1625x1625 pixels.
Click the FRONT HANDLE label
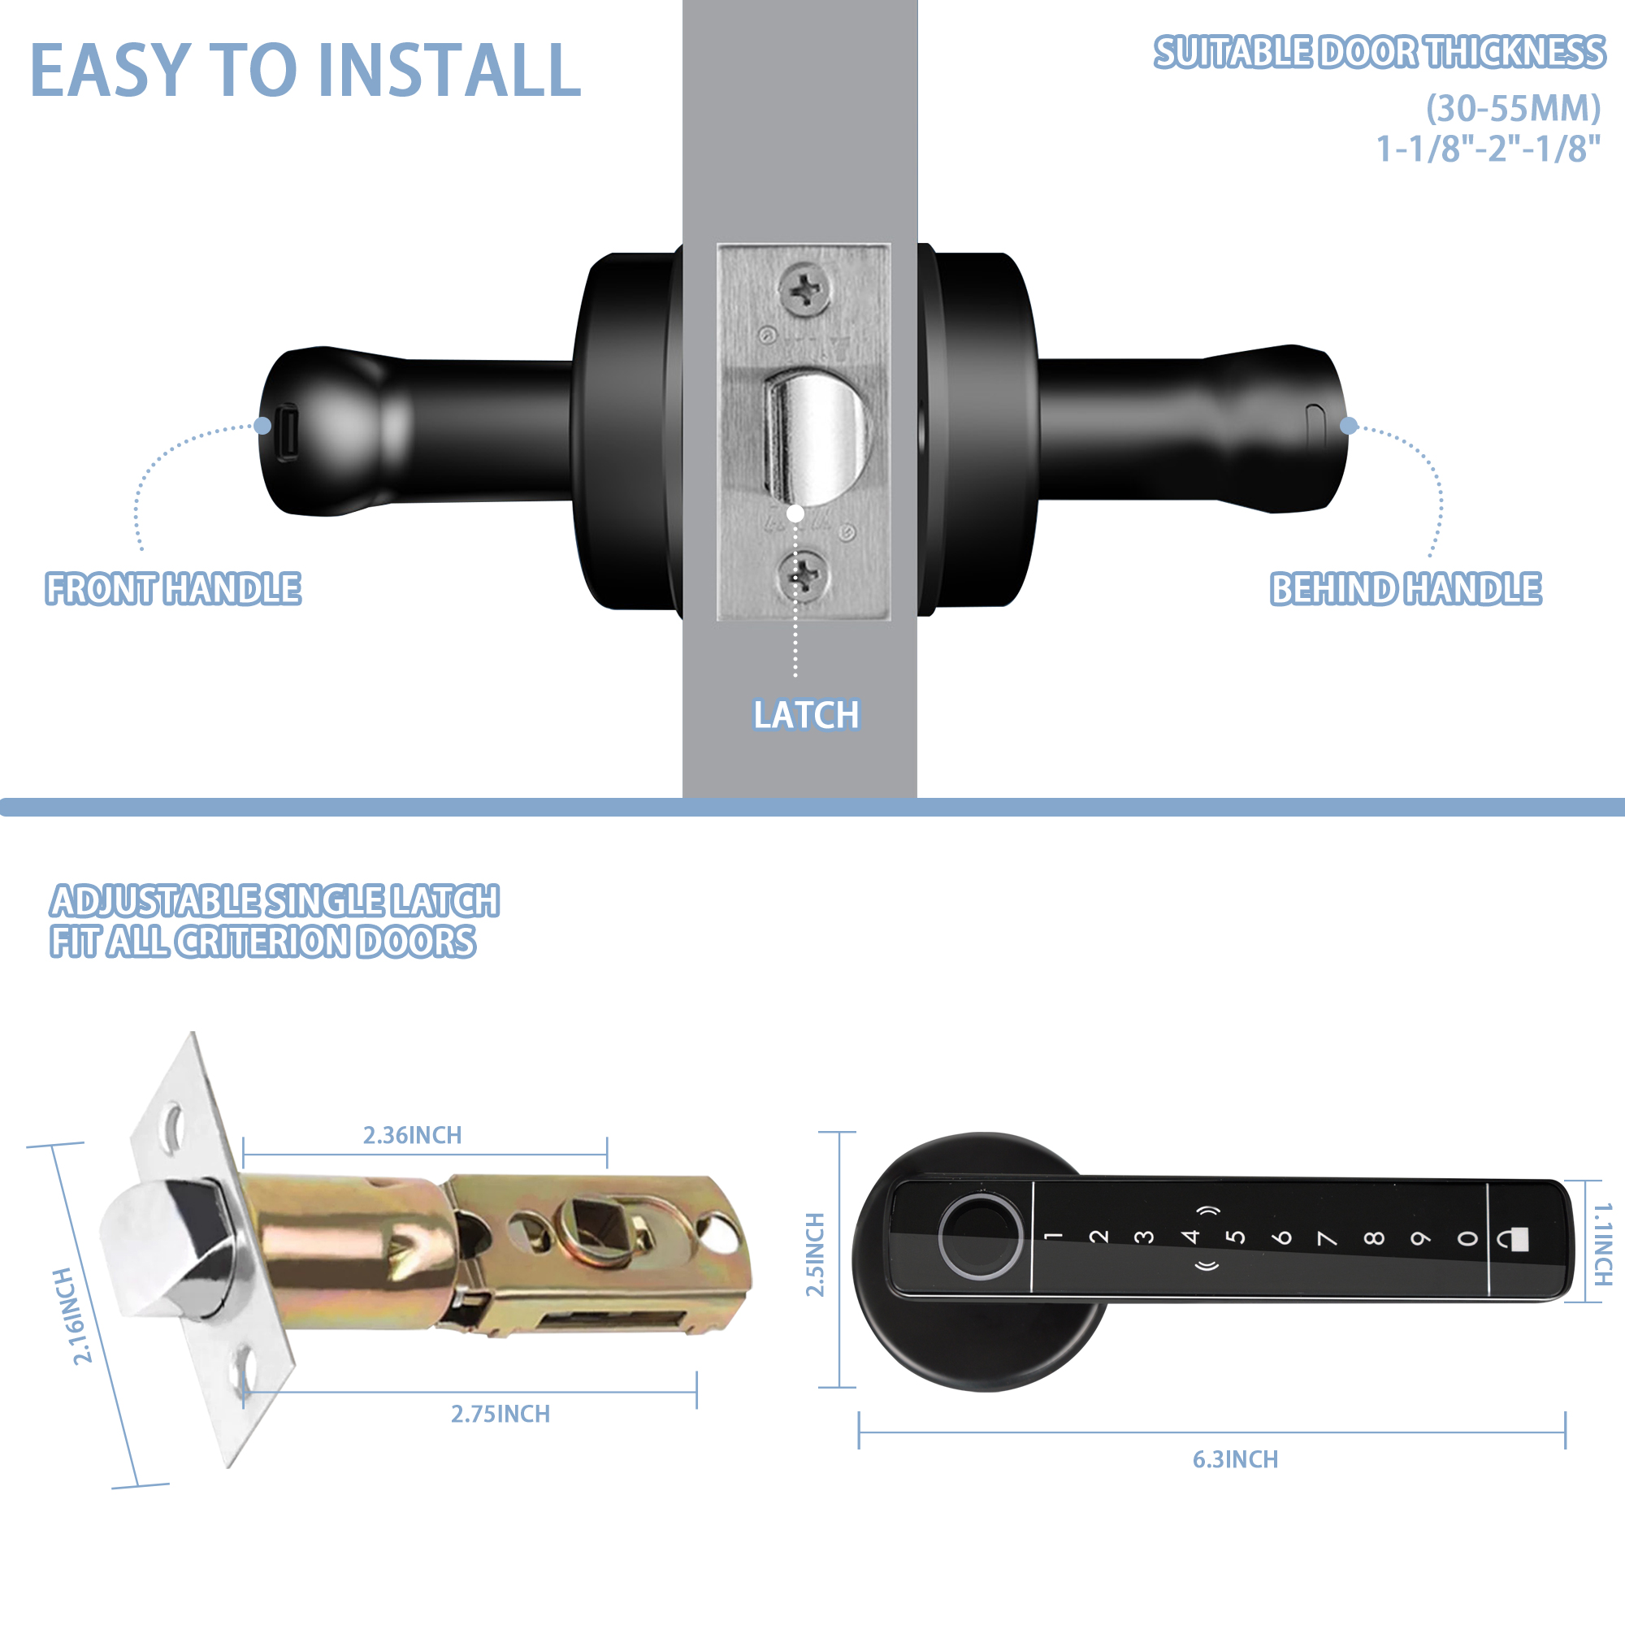[x=173, y=589]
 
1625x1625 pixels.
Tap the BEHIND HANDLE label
[x=1406, y=589]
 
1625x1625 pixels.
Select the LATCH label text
[x=806, y=716]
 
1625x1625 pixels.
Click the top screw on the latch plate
[x=805, y=290]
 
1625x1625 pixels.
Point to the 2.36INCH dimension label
[x=412, y=1136]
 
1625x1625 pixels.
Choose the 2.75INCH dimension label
[x=500, y=1414]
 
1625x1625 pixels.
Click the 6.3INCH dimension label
[x=1235, y=1459]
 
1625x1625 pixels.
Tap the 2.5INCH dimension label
[x=815, y=1255]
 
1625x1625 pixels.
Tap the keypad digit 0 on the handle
[x=1467, y=1239]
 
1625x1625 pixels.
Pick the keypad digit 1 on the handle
[x=1053, y=1237]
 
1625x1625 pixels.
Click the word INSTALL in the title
[x=450, y=71]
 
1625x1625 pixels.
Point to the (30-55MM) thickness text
[x=1513, y=108]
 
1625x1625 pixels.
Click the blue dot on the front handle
[x=262, y=426]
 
